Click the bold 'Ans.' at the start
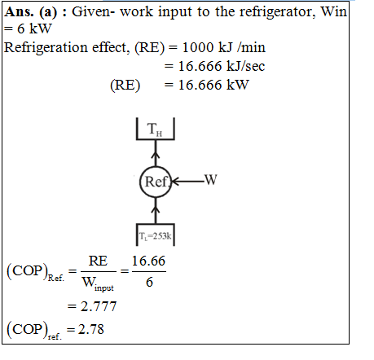(x=20, y=12)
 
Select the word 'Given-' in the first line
(x=93, y=12)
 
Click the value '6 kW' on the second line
(x=34, y=29)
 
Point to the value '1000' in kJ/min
(x=198, y=47)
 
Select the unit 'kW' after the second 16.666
(x=238, y=85)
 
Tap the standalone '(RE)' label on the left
(x=125, y=86)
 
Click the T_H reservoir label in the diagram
(x=155, y=129)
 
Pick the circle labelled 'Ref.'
(x=156, y=182)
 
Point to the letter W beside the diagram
(x=211, y=179)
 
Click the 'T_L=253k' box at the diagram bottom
(x=155, y=235)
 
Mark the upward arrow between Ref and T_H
(x=156, y=153)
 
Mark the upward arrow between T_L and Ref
(x=156, y=211)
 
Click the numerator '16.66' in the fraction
(x=148, y=261)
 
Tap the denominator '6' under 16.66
(x=149, y=282)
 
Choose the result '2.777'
(x=99, y=306)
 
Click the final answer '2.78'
(x=91, y=329)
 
